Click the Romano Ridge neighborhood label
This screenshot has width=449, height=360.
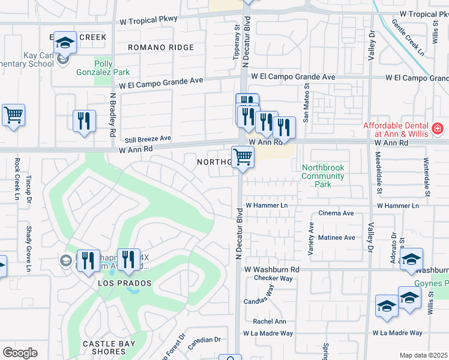click(160, 47)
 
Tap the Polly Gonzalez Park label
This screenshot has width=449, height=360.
click(103, 68)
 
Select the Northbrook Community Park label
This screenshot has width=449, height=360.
click(323, 176)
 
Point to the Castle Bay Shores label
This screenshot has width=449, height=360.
click(110, 344)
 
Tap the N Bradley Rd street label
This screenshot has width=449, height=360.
click(112, 115)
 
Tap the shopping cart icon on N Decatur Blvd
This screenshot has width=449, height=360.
click(243, 157)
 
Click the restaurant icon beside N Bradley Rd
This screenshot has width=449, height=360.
click(84, 121)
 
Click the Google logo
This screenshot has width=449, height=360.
click(20, 353)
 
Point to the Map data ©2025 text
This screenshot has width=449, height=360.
click(423, 355)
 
